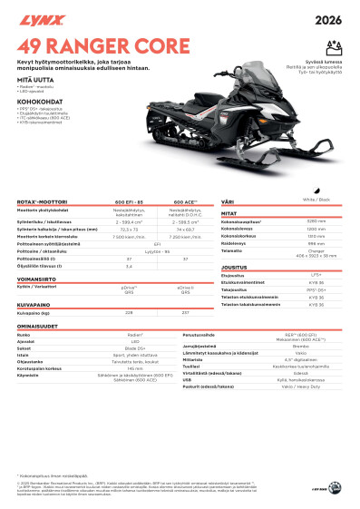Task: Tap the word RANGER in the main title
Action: pos(92,43)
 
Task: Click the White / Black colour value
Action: pos(316,199)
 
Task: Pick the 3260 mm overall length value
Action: pos(316,220)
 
